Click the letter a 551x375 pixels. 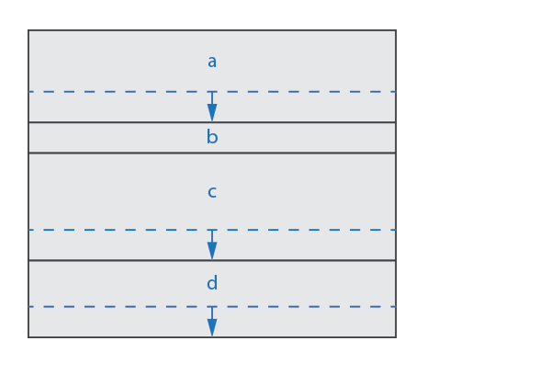[x=212, y=62]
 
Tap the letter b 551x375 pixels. [x=212, y=137]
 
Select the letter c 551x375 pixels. [x=212, y=192]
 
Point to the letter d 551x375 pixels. [x=212, y=283]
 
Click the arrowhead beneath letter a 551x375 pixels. [x=212, y=112]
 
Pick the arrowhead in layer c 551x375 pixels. [x=212, y=251]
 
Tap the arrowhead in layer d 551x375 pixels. [x=212, y=327]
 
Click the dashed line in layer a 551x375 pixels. [x=212, y=92]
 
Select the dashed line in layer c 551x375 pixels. [x=212, y=230]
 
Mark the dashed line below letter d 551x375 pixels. [x=212, y=307]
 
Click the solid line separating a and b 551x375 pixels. [x=212, y=122]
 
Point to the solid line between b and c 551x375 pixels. [x=212, y=153]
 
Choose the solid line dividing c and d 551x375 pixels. [x=212, y=261]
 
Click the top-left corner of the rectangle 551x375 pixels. [x=28, y=30]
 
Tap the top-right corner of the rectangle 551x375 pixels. [x=396, y=30]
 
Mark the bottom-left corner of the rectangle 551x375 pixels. [x=28, y=337]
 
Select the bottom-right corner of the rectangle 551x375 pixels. [x=396, y=337]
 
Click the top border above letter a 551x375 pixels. [x=212, y=30]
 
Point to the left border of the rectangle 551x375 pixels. [x=28, y=184]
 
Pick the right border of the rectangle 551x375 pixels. [x=396, y=184]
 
